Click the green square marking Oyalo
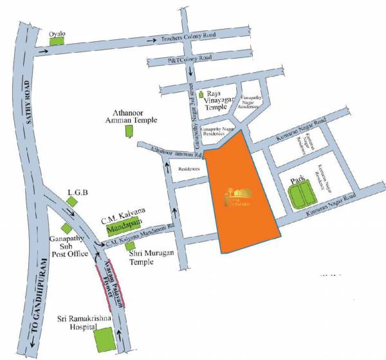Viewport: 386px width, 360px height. tap(58, 40)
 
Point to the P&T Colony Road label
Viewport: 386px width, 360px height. tap(188, 59)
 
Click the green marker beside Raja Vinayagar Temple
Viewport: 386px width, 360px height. tap(201, 95)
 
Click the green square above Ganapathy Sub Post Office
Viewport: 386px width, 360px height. tap(66, 228)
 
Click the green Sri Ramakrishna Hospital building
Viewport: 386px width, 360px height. tap(104, 339)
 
